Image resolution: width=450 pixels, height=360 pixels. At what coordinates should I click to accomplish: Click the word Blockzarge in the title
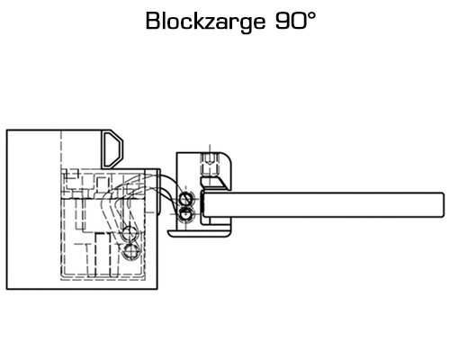[205, 22]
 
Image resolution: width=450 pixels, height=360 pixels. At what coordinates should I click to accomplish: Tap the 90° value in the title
[295, 21]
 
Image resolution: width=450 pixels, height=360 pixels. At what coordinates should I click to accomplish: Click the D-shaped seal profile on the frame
[112, 149]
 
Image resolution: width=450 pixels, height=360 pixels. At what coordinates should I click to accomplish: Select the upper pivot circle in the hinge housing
[185, 199]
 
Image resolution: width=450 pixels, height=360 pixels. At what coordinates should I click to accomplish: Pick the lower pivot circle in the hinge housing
[185, 214]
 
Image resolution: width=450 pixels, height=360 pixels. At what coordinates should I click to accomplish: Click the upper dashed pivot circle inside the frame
[129, 234]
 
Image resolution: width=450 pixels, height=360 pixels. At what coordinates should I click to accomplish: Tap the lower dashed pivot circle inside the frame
[130, 251]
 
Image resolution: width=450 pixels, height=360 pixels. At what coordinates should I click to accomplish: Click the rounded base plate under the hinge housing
[199, 233]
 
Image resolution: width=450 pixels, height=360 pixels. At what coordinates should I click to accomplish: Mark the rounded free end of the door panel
[443, 204]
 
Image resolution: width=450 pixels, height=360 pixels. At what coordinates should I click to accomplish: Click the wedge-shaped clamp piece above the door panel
[214, 183]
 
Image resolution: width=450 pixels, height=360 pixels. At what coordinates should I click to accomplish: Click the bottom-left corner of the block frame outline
[6, 289]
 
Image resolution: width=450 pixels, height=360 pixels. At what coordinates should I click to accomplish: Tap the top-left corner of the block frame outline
[6, 130]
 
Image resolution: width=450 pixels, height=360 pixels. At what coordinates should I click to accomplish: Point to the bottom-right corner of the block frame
[157, 289]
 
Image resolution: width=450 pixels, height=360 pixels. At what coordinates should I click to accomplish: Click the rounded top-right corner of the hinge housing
[228, 156]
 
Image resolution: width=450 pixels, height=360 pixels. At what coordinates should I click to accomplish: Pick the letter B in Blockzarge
[153, 21]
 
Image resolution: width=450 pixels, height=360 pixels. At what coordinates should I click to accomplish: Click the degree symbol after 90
[311, 15]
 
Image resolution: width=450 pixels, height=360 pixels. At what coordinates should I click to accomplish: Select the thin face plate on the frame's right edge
[158, 192]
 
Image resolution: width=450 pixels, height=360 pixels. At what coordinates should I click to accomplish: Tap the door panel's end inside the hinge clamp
[204, 205]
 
